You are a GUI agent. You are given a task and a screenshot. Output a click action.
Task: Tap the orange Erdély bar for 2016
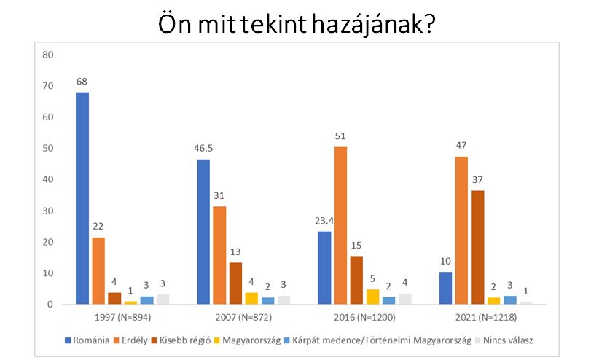point(340,225)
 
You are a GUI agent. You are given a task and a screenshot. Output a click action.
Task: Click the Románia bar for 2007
point(203,232)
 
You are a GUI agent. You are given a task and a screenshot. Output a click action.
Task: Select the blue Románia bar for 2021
point(445,288)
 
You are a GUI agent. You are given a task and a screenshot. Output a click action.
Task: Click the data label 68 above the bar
point(82,82)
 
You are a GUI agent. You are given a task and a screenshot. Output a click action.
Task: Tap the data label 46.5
point(203,149)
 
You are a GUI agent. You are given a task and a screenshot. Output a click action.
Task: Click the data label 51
point(340,136)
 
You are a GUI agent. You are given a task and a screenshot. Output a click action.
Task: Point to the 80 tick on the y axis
point(49,55)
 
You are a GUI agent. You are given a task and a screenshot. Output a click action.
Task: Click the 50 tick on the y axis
point(49,149)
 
